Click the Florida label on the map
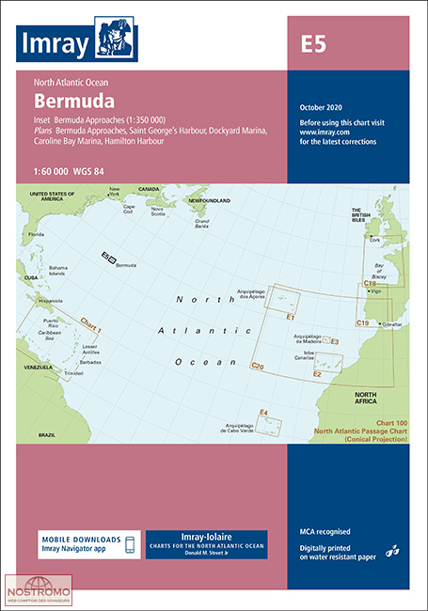coord(37,233)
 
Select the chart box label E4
coord(264,413)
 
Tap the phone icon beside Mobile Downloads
coord(130,545)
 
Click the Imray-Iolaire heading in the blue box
coord(204,535)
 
